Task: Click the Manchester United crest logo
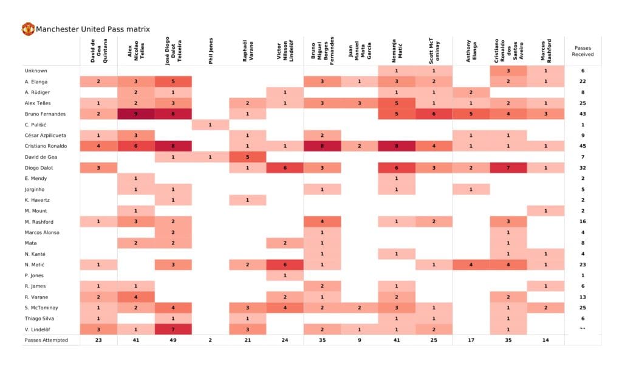point(28,29)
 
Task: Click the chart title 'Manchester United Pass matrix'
point(93,29)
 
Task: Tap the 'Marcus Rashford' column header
point(545,51)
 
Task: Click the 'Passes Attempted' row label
point(46,340)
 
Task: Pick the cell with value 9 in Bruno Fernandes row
point(136,114)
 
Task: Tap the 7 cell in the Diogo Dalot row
point(508,168)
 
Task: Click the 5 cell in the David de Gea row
point(247,157)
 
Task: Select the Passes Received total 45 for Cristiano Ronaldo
point(583,147)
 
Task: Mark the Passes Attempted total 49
point(173,340)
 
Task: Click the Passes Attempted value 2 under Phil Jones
point(210,340)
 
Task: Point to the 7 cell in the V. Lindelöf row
point(173,329)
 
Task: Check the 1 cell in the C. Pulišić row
point(210,125)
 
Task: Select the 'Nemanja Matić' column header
point(397,51)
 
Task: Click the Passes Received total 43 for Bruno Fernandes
point(583,114)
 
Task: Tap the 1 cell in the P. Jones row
point(285,275)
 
